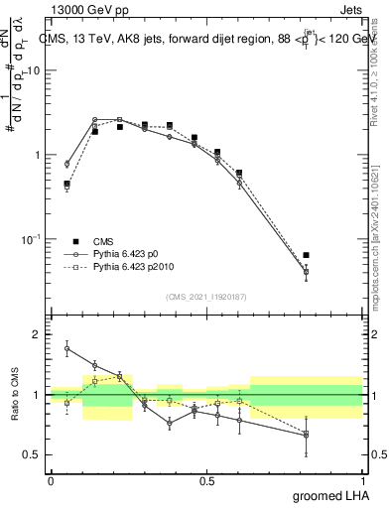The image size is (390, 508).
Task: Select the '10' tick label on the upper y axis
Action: point(33,71)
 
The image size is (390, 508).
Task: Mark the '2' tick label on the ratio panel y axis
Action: point(38,335)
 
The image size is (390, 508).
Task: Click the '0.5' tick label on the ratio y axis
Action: point(32,455)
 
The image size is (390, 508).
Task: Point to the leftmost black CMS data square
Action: point(66,184)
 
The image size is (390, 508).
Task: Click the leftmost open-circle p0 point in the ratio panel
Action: point(66,348)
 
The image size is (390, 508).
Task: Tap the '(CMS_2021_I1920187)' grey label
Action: point(206,297)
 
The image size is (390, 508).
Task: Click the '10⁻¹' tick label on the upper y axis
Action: point(31,239)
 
